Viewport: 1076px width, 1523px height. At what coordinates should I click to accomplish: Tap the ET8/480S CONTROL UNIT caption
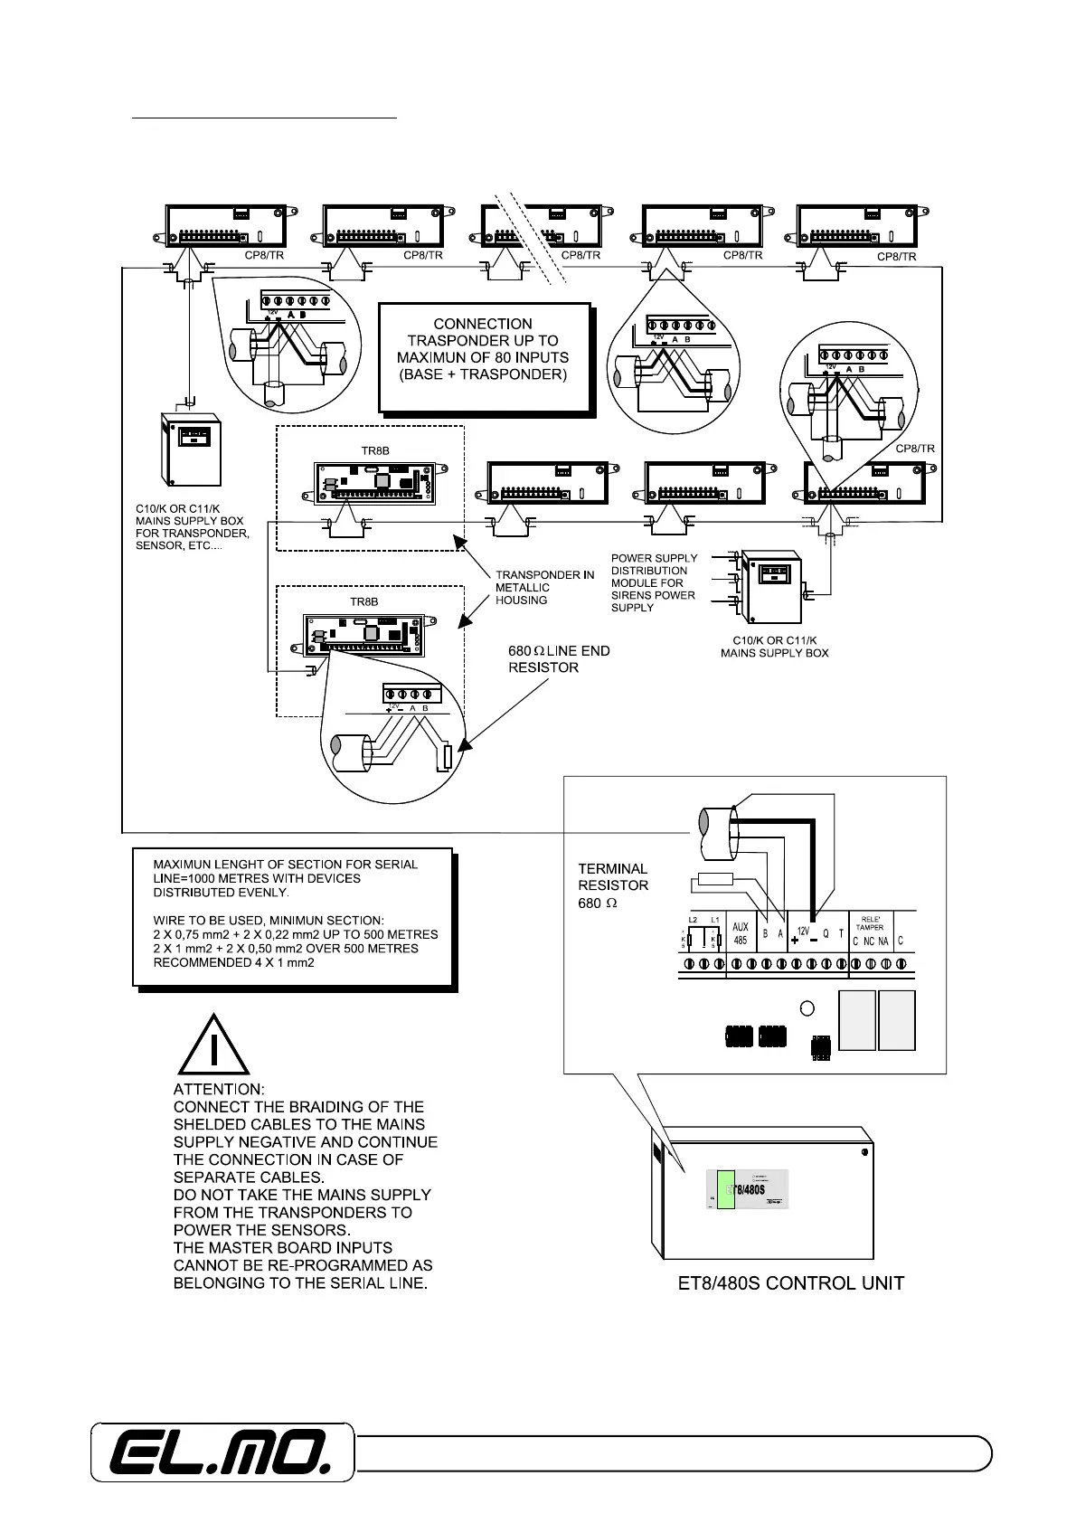791,1282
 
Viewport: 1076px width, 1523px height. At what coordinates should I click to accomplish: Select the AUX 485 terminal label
741,933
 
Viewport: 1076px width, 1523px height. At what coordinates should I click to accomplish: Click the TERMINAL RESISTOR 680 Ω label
613,885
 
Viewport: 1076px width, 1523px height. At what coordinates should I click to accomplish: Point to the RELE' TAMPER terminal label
870,922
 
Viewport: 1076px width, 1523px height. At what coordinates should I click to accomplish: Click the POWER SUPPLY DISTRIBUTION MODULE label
654,582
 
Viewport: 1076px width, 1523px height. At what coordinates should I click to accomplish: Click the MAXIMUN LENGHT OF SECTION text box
292,915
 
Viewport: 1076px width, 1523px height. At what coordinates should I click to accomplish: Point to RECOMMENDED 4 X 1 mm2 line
233,962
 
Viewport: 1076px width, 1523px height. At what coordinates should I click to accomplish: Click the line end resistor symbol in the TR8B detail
445,756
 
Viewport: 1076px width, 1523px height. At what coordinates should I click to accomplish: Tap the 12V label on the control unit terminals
802,930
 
